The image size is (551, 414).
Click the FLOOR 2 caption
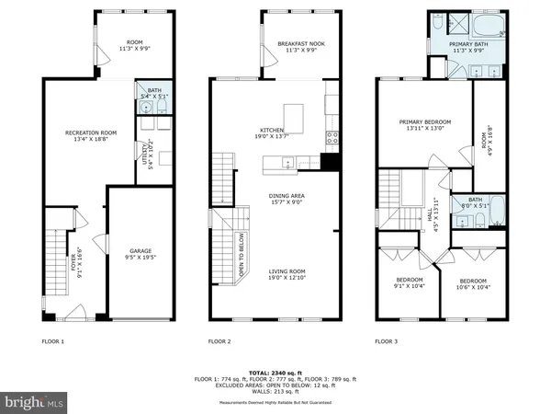point(219,341)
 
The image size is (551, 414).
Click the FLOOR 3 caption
point(387,341)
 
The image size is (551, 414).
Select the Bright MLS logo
point(34,402)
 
